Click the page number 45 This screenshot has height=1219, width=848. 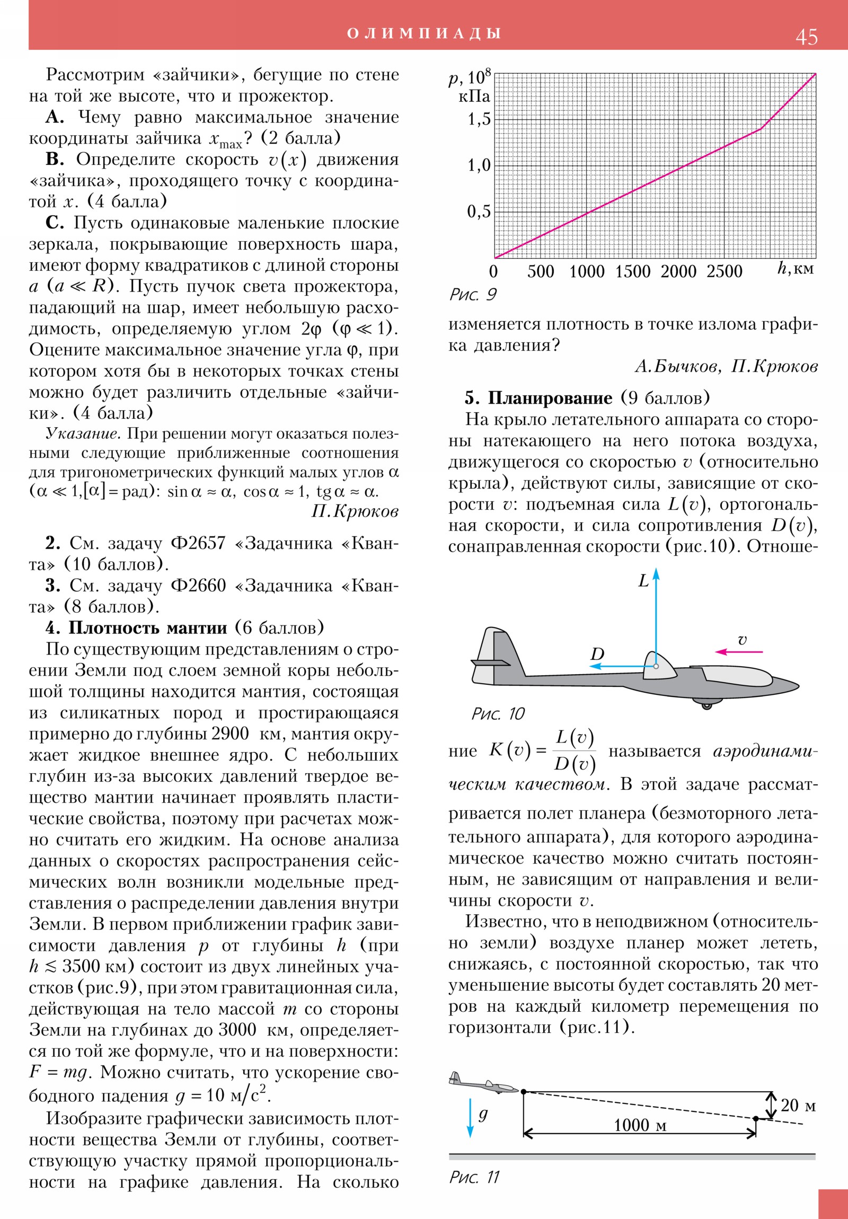tap(806, 37)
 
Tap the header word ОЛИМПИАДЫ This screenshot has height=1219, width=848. tap(423, 33)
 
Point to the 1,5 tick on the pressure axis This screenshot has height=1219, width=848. tap(479, 119)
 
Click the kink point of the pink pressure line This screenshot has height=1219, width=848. tap(761, 128)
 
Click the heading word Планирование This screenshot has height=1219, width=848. tap(550, 397)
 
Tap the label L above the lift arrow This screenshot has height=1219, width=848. tap(643, 581)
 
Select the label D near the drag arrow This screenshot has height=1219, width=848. tap(597, 654)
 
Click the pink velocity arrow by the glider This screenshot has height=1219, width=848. tap(739, 651)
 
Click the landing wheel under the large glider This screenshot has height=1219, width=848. tap(706, 705)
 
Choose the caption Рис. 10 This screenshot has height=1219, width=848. tap(498, 714)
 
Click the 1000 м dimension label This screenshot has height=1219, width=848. tap(639, 1125)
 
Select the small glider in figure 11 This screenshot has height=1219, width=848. tap(482, 1084)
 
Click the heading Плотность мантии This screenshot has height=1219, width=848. tap(147, 628)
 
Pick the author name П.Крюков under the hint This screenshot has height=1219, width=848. tap(354, 511)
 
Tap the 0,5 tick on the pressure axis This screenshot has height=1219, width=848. tap(479, 211)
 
